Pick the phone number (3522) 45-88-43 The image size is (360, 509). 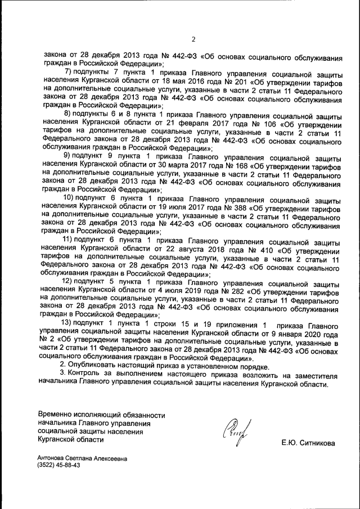(x=58, y=466)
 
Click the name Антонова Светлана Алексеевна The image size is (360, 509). (x=82, y=458)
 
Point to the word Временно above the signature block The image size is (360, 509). (x=56, y=415)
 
